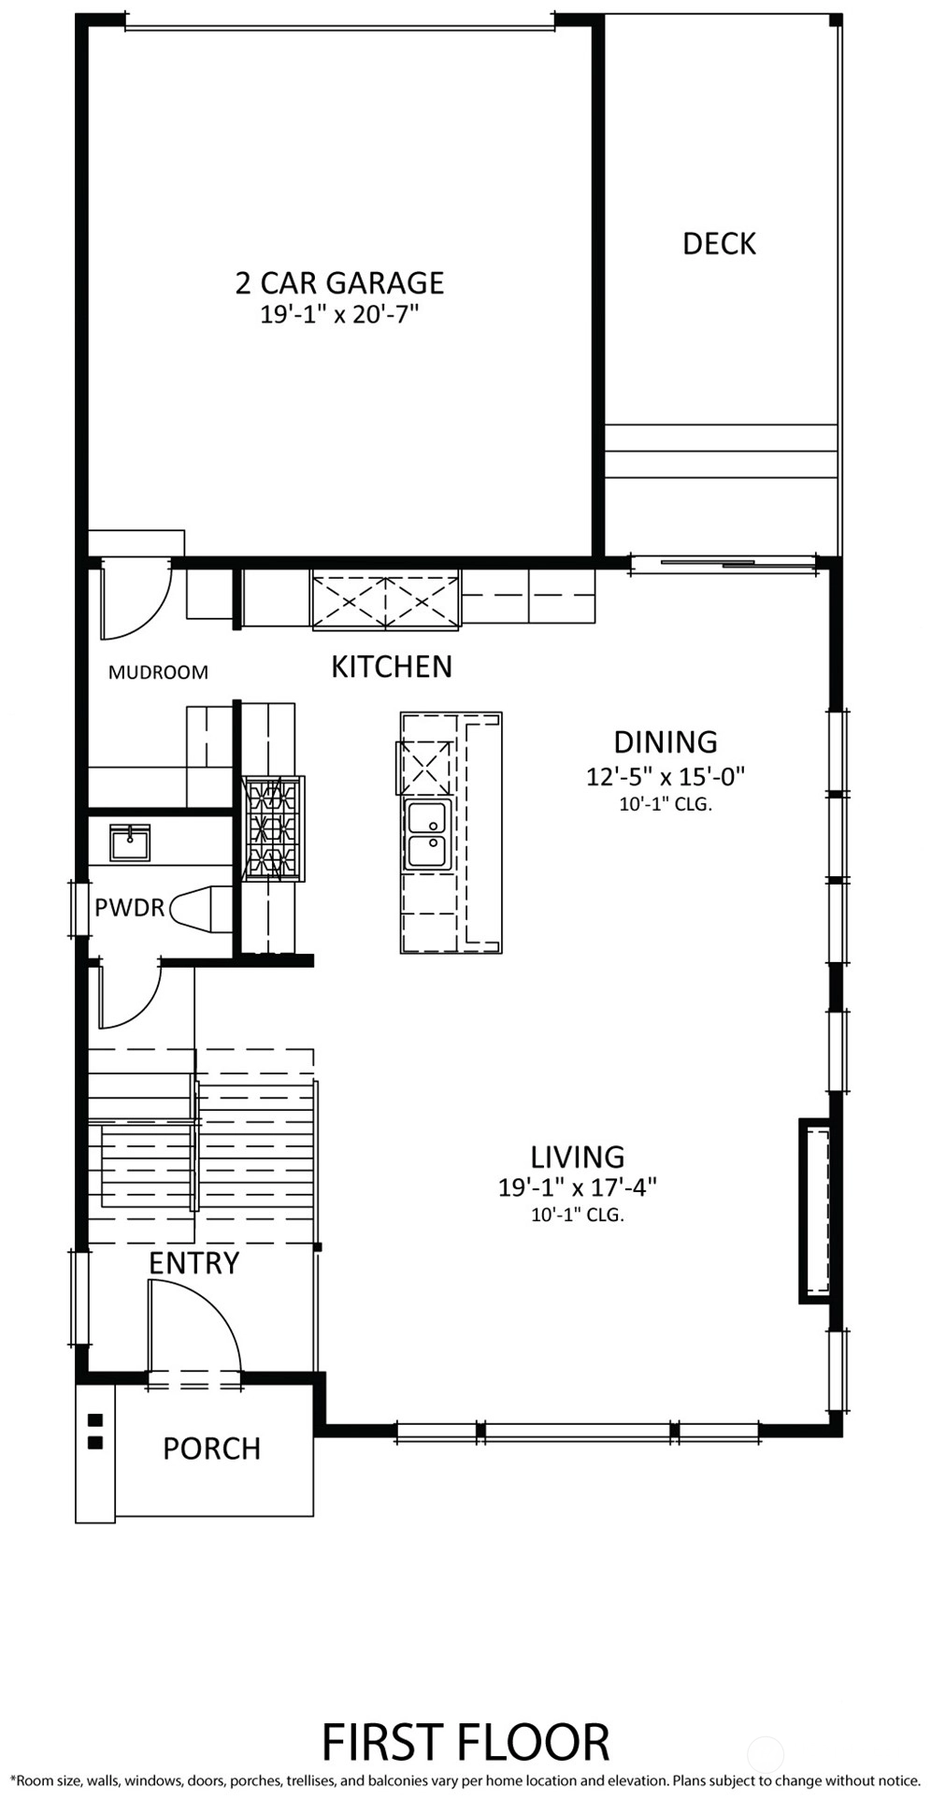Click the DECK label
click(x=719, y=244)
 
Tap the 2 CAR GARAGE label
click(x=339, y=282)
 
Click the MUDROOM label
click(x=158, y=672)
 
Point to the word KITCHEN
click(x=392, y=667)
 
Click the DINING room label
click(x=666, y=742)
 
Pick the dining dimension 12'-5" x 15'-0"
click(x=666, y=776)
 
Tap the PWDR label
click(x=129, y=907)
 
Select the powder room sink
click(x=130, y=842)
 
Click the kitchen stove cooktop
click(x=274, y=828)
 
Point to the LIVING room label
click(x=578, y=1158)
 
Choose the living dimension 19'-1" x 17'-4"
click(x=578, y=1188)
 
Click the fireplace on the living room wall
click(x=815, y=1211)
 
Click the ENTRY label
click(x=194, y=1263)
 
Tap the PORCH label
click(x=211, y=1448)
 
